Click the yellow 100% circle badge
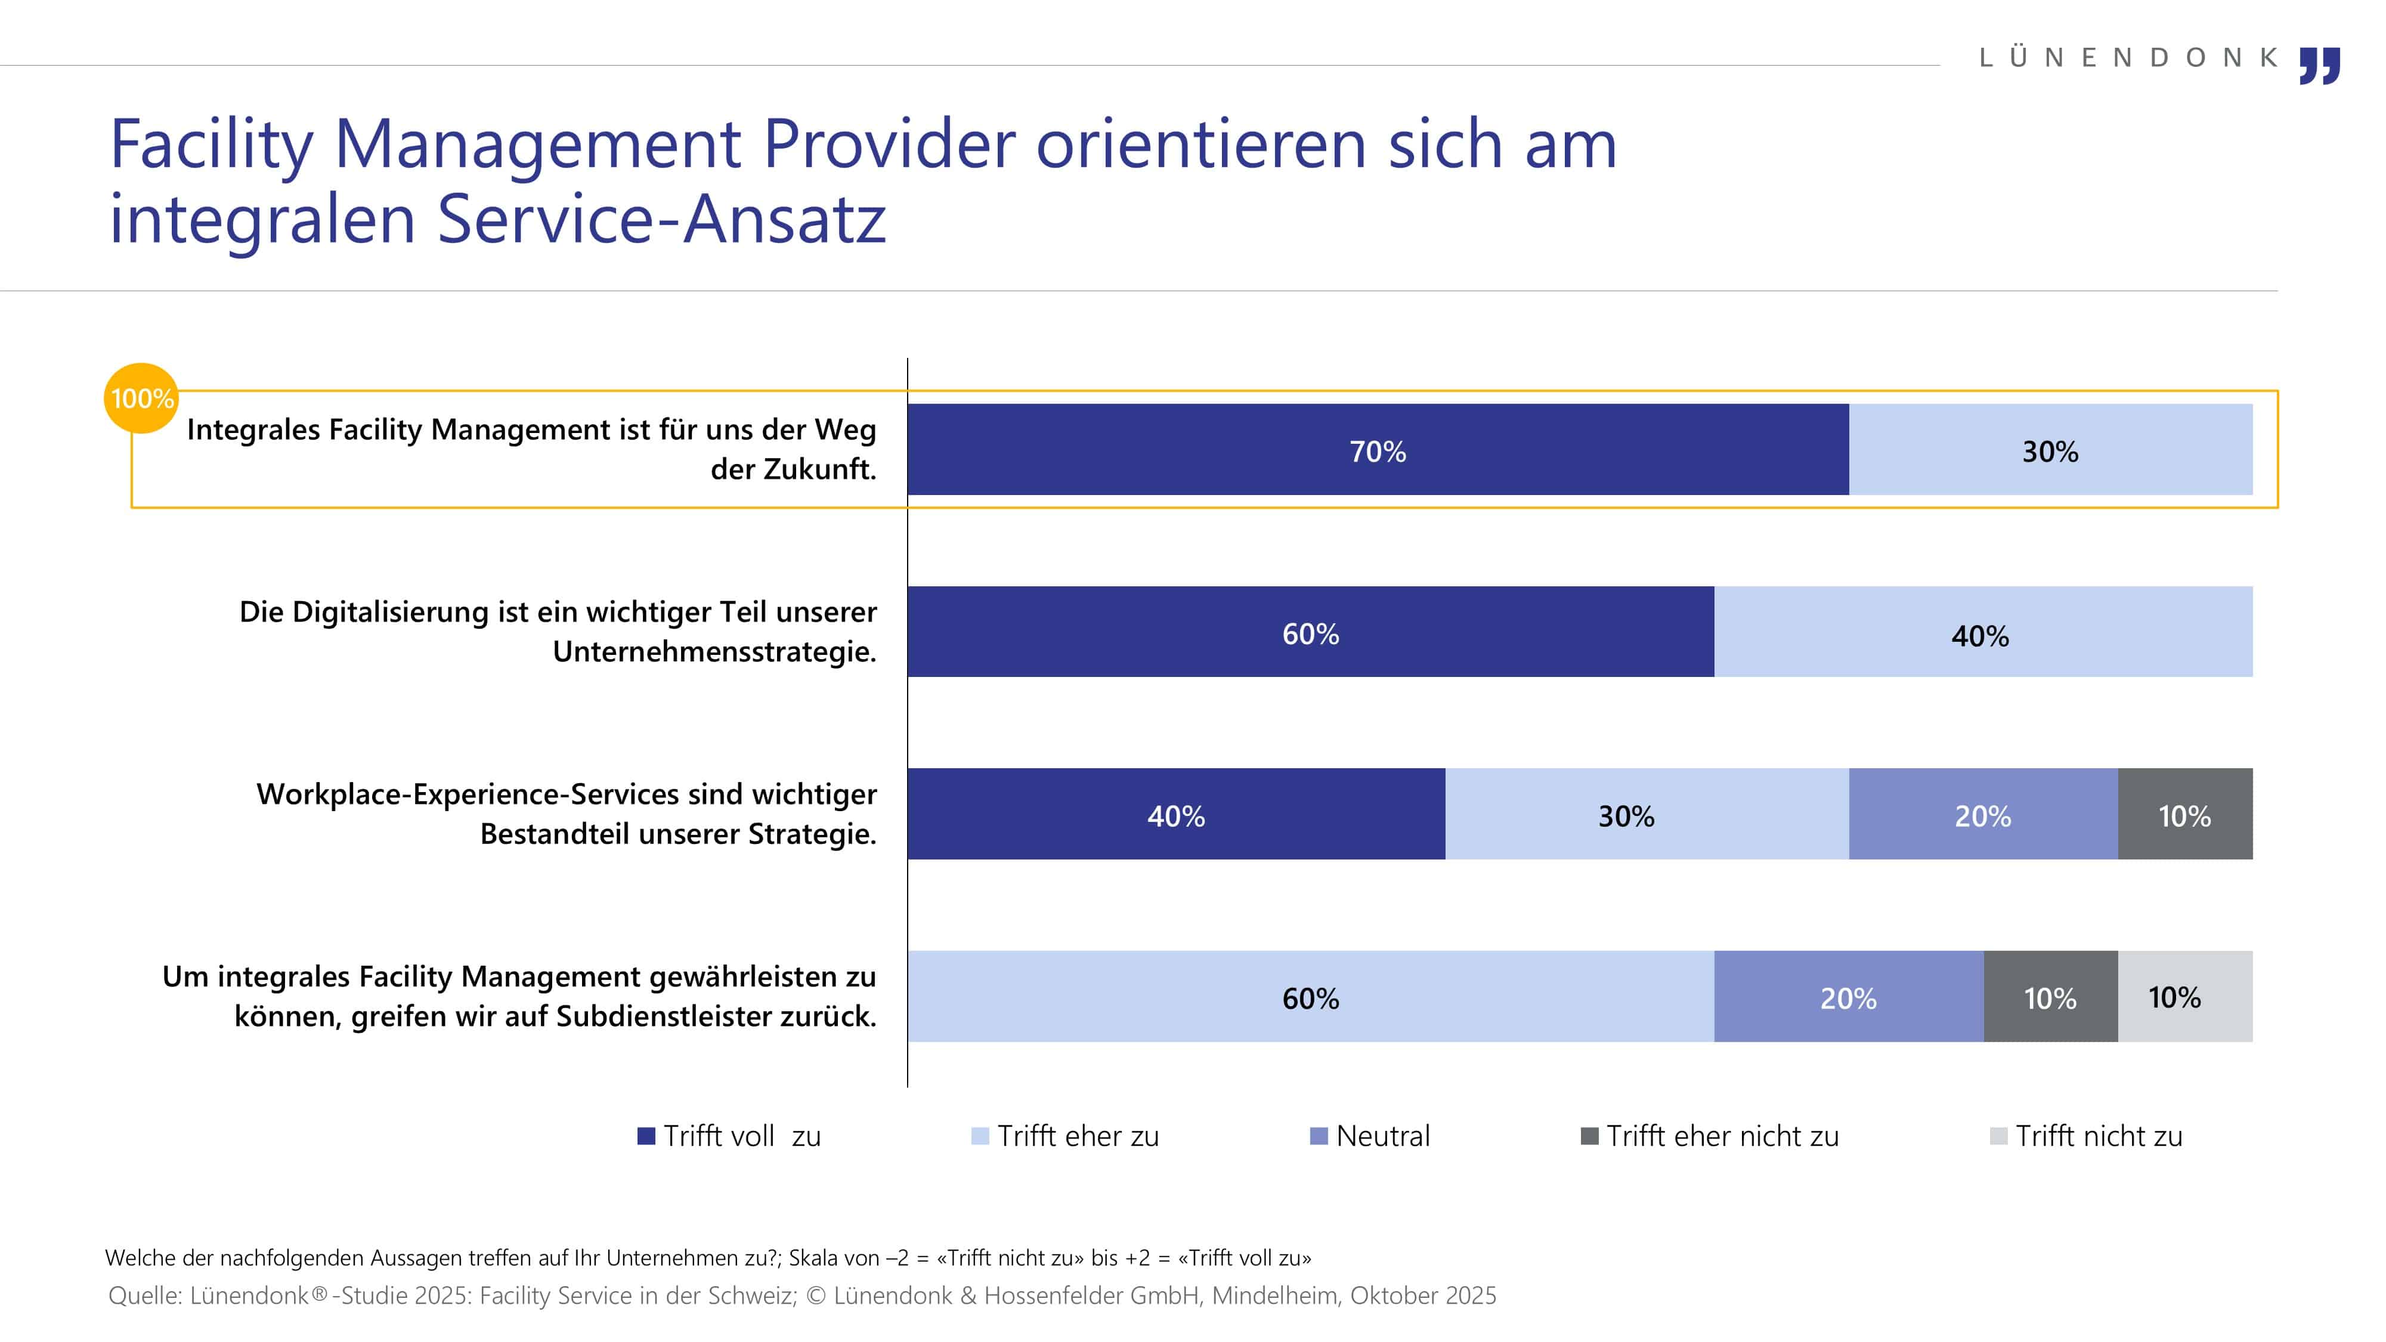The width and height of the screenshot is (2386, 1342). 141,398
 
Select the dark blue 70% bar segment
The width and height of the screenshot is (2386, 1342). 1378,450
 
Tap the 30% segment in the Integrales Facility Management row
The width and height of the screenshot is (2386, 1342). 2050,450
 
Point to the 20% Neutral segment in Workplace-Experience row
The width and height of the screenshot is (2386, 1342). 1982,815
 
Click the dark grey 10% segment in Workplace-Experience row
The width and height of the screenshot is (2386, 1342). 2184,815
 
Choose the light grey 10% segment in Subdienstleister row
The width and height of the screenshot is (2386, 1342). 2184,997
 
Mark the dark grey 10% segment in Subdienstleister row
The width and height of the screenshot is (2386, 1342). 2050,997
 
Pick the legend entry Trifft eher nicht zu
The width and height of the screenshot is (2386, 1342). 1710,1136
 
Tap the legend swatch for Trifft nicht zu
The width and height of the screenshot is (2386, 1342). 1998,1136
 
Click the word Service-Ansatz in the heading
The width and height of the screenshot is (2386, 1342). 661,221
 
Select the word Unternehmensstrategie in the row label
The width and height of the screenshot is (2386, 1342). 714,652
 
